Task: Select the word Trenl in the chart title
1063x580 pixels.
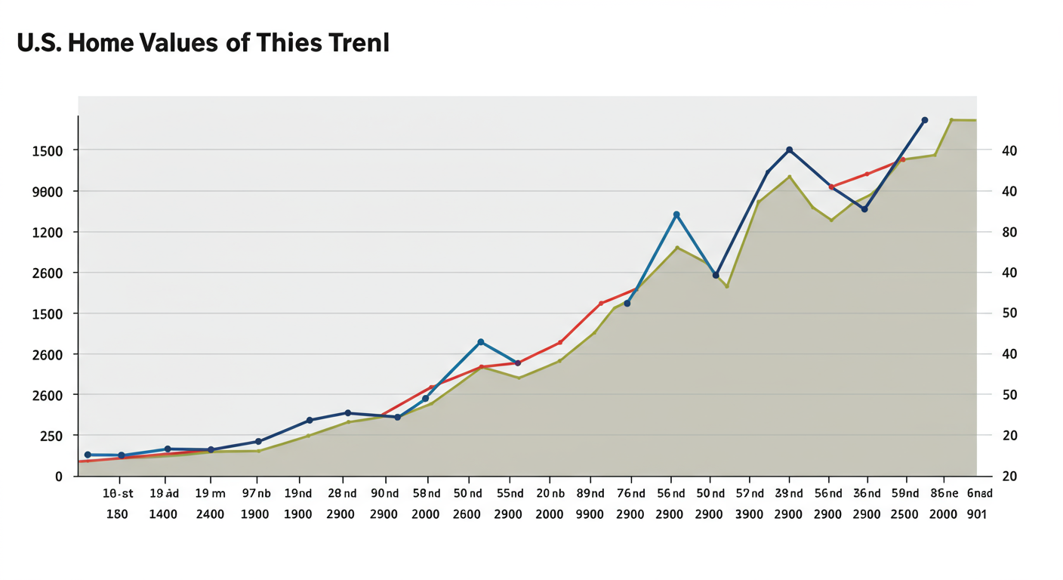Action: pos(359,44)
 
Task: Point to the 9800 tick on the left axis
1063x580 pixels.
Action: pos(47,191)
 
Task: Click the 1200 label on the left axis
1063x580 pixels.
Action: pos(47,232)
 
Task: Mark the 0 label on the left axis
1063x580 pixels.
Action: pos(58,477)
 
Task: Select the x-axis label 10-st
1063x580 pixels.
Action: pos(118,493)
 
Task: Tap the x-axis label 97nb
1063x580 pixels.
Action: pos(256,493)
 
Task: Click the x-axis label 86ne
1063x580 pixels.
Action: pos(944,493)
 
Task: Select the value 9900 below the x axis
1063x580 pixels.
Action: pos(590,514)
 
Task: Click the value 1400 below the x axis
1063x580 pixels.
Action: pos(162,514)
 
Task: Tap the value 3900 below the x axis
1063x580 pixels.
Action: pos(750,514)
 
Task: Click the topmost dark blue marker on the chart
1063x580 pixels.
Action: pos(924,120)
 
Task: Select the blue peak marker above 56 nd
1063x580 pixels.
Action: pos(676,214)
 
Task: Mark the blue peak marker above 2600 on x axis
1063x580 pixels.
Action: pos(481,342)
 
